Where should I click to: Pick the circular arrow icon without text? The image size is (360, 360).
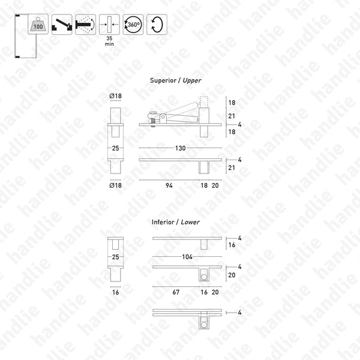(157, 24)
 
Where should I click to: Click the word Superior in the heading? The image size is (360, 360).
(162, 80)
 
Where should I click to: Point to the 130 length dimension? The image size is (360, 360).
(179, 148)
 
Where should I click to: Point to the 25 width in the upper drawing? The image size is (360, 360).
(116, 148)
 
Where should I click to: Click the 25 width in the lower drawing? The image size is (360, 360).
(116, 257)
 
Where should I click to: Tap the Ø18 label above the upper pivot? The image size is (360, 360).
(116, 96)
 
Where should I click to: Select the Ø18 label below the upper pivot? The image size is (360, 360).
(116, 187)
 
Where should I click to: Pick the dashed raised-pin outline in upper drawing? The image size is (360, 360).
(203, 107)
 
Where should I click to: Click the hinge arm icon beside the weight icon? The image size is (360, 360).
(62, 24)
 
